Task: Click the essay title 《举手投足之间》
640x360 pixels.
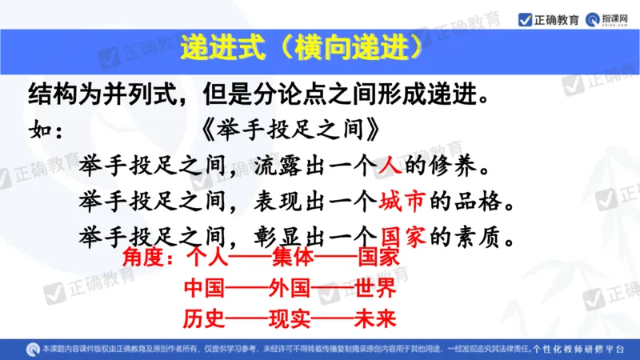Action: [288, 128]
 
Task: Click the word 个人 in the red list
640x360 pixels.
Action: [207, 259]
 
